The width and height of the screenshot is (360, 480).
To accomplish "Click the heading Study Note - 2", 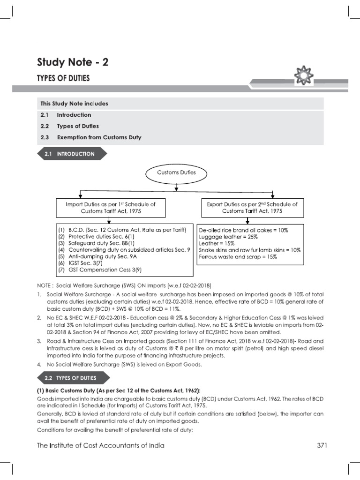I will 73,62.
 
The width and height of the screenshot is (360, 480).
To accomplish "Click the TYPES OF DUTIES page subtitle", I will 63,78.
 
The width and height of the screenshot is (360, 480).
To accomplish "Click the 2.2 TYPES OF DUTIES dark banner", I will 73,377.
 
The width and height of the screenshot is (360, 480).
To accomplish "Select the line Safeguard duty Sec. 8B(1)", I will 96,243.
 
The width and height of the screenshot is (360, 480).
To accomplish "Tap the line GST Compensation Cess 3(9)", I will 98,270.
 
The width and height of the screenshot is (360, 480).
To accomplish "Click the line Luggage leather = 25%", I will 227,237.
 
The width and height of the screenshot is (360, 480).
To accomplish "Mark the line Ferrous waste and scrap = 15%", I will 238,257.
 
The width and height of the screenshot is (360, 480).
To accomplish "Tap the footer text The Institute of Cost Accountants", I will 101,445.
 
